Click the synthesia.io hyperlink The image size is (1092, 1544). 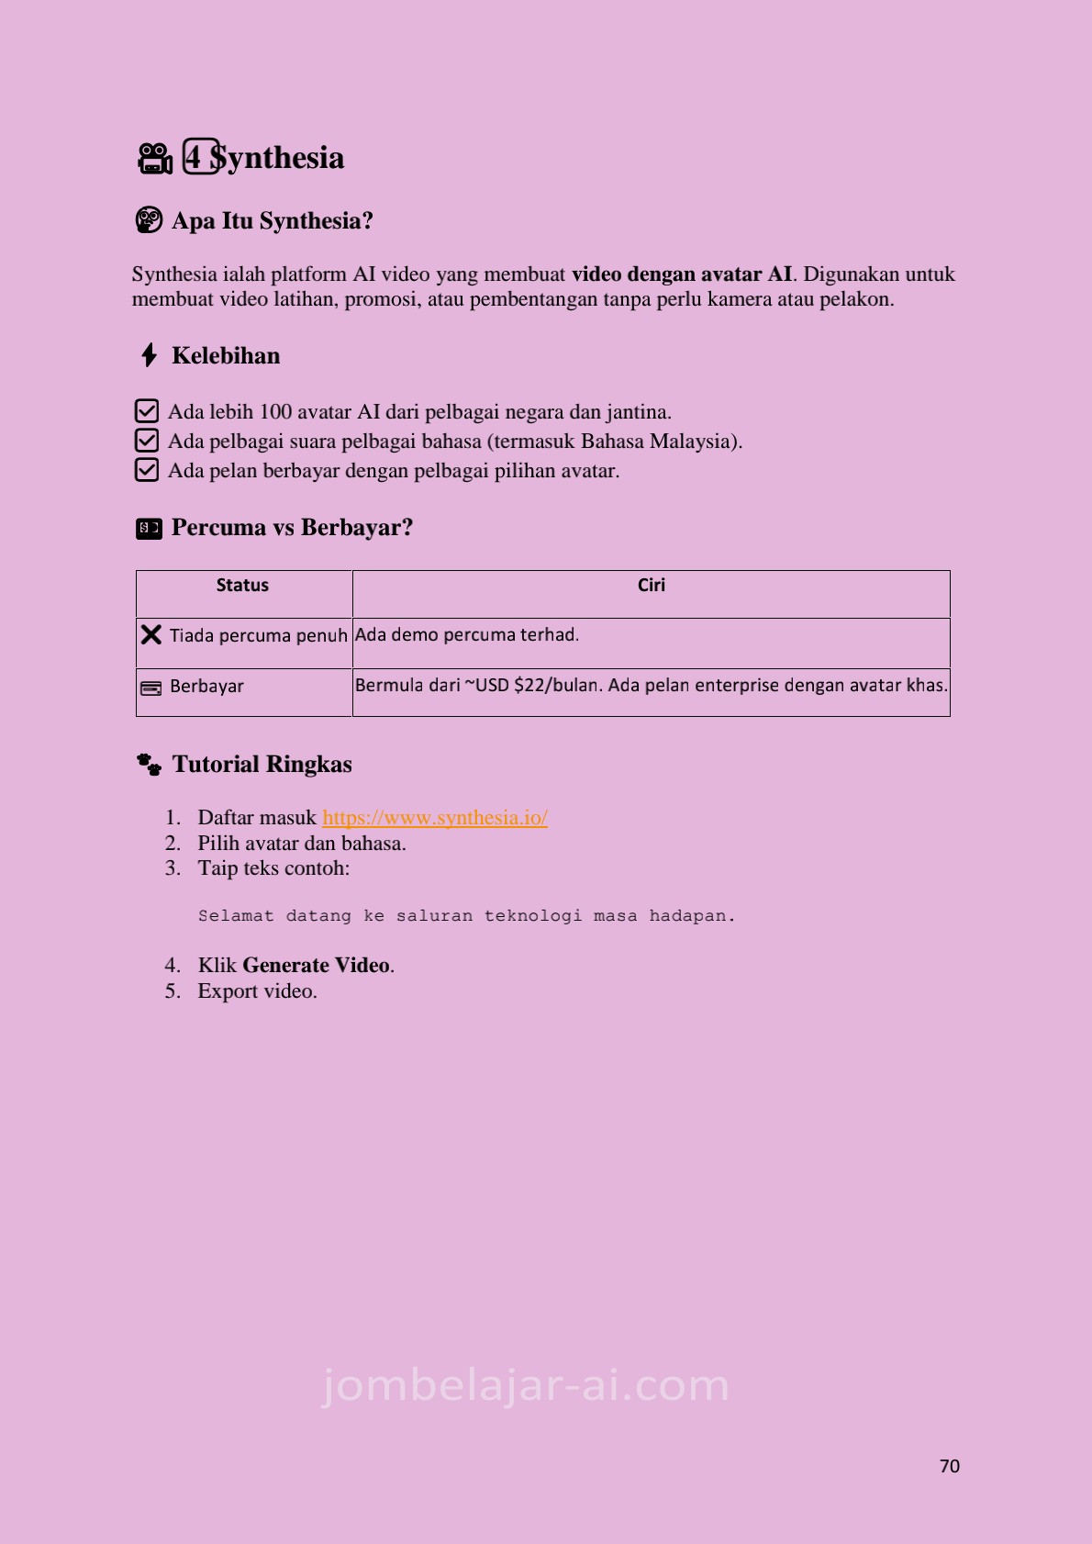click(x=435, y=818)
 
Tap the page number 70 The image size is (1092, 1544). click(x=949, y=1466)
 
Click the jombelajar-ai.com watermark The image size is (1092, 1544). click(x=526, y=1385)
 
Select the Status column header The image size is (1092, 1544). click(x=242, y=586)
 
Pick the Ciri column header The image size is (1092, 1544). click(x=651, y=586)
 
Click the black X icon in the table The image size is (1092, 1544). click(x=151, y=635)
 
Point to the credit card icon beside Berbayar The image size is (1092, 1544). click(x=150, y=688)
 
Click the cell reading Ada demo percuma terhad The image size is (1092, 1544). click(x=467, y=635)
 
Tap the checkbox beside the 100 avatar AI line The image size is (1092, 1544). click(x=147, y=411)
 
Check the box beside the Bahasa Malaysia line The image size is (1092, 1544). click(x=147, y=441)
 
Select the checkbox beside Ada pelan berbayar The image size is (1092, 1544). click(x=147, y=470)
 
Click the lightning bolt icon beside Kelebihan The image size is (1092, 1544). click(x=150, y=355)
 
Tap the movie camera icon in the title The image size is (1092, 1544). click(x=155, y=159)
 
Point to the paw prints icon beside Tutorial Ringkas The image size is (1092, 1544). click(x=149, y=765)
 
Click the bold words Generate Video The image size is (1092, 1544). click(x=316, y=966)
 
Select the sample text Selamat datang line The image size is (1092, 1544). click(x=466, y=916)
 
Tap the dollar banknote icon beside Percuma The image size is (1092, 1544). click(x=149, y=528)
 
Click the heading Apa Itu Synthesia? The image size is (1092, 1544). click(x=273, y=221)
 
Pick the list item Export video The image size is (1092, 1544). click(x=257, y=991)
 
